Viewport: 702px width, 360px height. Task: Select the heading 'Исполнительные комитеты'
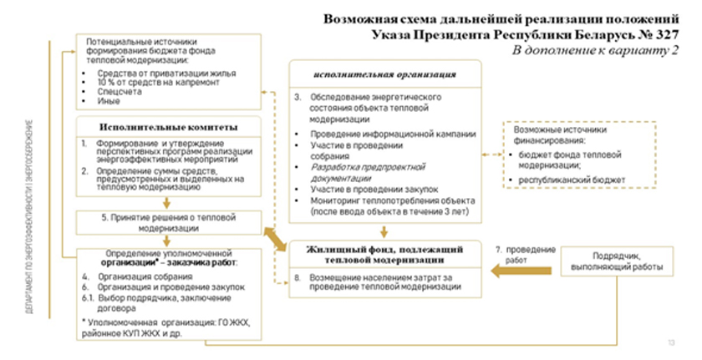coord(168,127)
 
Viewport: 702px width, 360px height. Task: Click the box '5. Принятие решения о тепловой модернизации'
coord(167,221)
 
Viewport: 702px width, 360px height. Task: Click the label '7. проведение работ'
coord(526,256)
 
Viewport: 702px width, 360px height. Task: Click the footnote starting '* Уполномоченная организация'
coord(167,327)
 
